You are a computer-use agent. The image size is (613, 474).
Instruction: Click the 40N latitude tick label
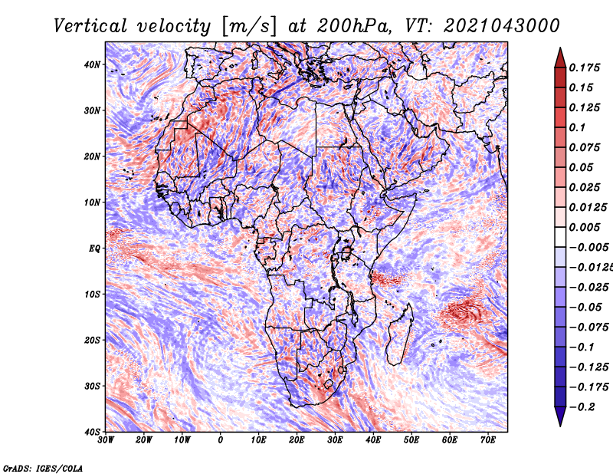pyautogui.click(x=92, y=64)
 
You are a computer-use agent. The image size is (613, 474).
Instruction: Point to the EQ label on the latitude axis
pyautogui.click(x=94, y=249)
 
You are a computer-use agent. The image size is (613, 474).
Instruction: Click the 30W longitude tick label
pyautogui.click(x=106, y=440)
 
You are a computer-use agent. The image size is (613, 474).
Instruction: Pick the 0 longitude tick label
pyautogui.click(x=221, y=440)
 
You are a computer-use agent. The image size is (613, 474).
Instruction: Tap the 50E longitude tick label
pyautogui.click(x=411, y=440)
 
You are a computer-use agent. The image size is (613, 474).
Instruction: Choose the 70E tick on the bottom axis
pyautogui.click(x=488, y=440)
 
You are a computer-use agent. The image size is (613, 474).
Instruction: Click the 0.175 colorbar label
pyautogui.click(x=584, y=67)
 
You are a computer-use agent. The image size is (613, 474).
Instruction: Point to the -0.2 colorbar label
pyautogui.click(x=582, y=407)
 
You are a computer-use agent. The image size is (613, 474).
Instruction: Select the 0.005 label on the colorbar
pyautogui.click(x=584, y=227)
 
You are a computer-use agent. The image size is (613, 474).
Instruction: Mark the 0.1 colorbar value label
pyautogui.click(x=577, y=127)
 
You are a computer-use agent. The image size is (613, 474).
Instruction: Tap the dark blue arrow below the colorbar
pyautogui.click(x=560, y=416)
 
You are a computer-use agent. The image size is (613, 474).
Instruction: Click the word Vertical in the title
pyautogui.click(x=90, y=26)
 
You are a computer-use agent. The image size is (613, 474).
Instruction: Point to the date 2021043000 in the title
pyautogui.click(x=501, y=26)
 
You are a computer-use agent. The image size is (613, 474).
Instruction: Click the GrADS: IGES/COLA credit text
pyautogui.click(x=43, y=468)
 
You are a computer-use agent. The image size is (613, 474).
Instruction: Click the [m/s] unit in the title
pyautogui.click(x=249, y=26)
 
